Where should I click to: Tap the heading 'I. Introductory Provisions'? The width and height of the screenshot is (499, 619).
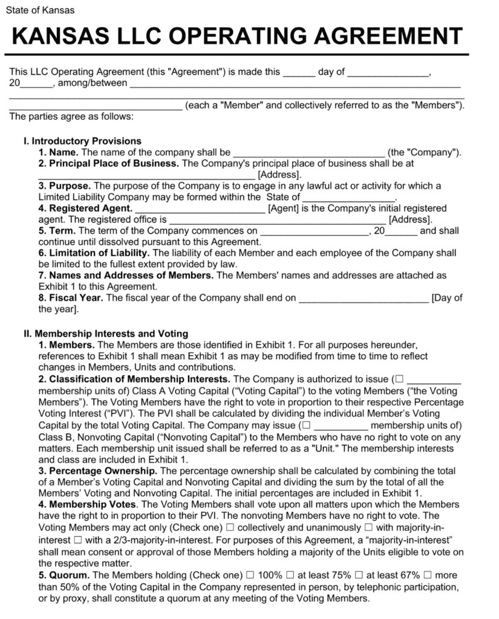(82, 141)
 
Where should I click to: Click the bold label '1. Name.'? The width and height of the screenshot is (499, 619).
(59, 152)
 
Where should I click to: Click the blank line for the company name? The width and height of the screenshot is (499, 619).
(308, 154)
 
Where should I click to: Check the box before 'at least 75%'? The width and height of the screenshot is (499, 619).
(290, 575)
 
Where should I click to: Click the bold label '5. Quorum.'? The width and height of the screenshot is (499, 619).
(65, 575)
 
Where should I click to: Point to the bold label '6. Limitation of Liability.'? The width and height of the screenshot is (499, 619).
(94, 253)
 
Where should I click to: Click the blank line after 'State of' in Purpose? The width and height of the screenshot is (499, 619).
(348, 198)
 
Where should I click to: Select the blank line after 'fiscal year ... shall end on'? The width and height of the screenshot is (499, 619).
(364, 299)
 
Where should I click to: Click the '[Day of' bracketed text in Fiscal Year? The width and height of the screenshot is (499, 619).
(446, 297)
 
